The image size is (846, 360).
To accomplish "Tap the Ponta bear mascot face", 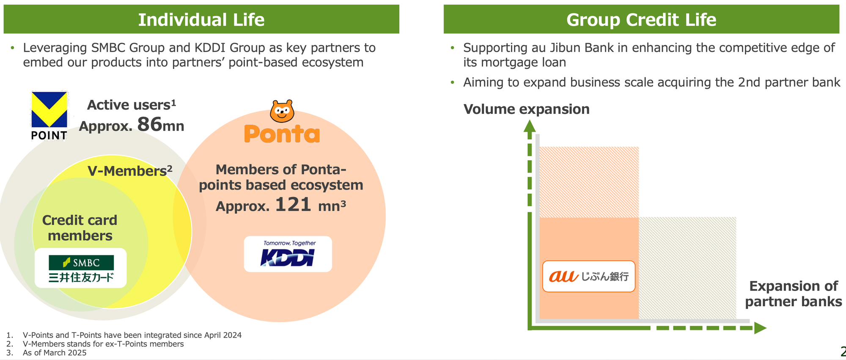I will tap(282, 111).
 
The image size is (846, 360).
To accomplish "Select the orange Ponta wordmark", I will tap(282, 134).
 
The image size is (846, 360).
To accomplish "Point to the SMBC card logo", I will tap(81, 268).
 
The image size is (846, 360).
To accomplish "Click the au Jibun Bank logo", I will tap(588, 276).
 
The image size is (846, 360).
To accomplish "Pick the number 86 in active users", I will tap(150, 124).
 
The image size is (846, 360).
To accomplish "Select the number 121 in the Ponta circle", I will tap(293, 205).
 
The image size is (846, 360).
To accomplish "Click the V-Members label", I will tap(130, 171).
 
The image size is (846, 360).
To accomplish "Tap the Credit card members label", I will tap(80, 228).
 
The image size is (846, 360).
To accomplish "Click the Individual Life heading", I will tap(201, 19).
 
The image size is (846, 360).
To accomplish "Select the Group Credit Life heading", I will tap(641, 19).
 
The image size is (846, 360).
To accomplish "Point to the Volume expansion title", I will tap(526, 109).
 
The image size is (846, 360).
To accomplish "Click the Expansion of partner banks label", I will tap(793, 294).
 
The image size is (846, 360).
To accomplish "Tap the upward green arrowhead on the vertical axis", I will tap(530, 126).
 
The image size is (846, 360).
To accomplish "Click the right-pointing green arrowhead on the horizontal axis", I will tap(760, 328).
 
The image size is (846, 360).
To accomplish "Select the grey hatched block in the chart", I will tap(687, 268).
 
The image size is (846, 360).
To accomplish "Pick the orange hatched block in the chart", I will tap(589, 182).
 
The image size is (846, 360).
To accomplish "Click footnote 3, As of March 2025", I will tap(54, 353).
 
